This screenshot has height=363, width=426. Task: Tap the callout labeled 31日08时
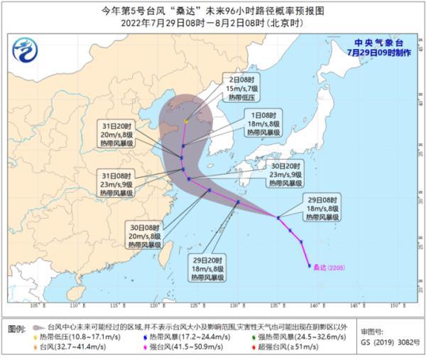[116, 183]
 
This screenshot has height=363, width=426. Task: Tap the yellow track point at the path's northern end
[186, 121]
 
